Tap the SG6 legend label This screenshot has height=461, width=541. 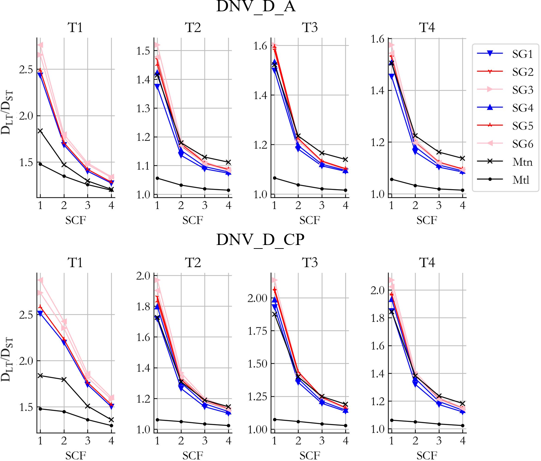pyautogui.click(x=522, y=144)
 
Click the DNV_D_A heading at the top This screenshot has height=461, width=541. pyautogui.click(x=256, y=6)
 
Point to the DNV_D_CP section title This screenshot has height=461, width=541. pyautogui.click(x=260, y=240)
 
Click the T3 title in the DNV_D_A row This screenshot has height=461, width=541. pyautogui.click(x=310, y=28)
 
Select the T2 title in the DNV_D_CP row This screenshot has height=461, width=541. pyautogui.click(x=193, y=263)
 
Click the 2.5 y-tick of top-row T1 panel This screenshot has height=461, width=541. pyautogui.click(x=26, y=70)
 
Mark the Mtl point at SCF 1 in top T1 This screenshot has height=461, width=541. pyautogui.click(x=40, y=164)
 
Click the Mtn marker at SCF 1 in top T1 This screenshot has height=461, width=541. pyautogui.click(x=40, y=131)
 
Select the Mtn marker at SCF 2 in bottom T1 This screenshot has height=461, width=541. pyautogui.click(x=64, y=379)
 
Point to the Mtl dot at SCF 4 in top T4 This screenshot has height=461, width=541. pyautogui.click(x=463, y=190)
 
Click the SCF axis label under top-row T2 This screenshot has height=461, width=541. pyautogui.click(x=193, y=220)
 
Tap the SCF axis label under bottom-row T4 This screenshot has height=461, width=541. pyautogui.click(x=427, y=455)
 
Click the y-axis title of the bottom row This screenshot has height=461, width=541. pyautogui.click(x=7, y=359)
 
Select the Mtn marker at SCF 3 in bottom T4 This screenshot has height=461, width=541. pyautogui.click(x=439, y=396)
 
